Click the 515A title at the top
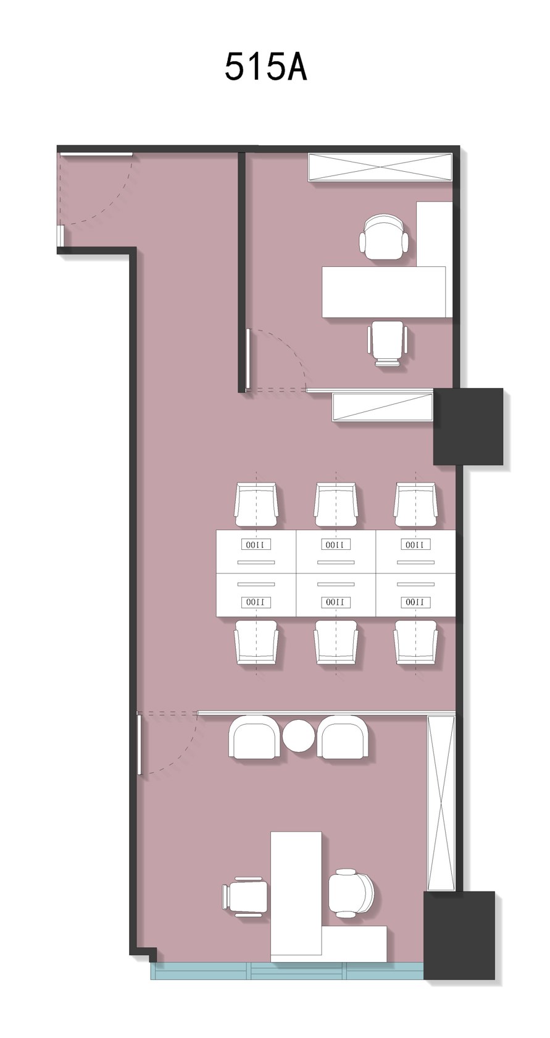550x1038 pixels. tap(265, 68)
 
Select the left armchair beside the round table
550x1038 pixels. tap(254, 736)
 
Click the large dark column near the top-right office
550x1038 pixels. tap(468, 426)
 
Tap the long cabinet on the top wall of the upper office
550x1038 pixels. tap(380, 167)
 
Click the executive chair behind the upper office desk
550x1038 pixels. tap(384, 236)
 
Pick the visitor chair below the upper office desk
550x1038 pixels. tap(388, 344)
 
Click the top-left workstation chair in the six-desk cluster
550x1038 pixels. tap(257, 504)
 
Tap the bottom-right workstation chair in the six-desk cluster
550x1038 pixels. tap(415, 643)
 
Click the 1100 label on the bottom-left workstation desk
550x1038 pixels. tap(256, 602)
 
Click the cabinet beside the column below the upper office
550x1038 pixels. tap(383, 407)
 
